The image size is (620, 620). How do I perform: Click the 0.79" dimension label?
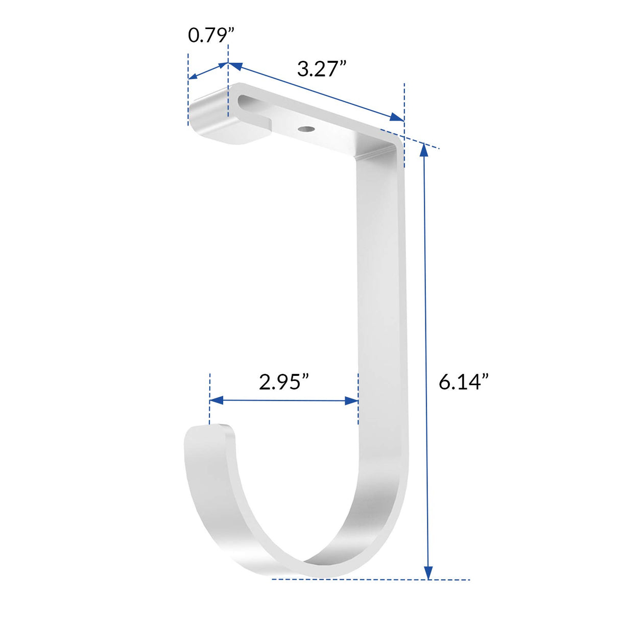(x=210, y=35)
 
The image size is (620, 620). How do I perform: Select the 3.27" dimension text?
(x=322, y=68)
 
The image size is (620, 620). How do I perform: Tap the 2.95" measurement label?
(x=284, y=381)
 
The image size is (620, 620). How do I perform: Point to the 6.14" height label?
(x=463, y=381)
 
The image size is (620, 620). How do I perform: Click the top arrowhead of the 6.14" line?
(x=424, y=151)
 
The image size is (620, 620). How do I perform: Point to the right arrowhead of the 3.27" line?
(x=397, y=117)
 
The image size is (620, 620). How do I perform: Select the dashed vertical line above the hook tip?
(x=209, y=398)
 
